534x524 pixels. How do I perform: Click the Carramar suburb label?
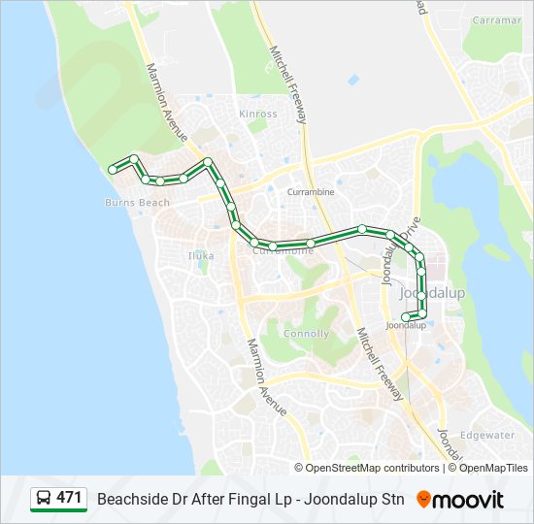(497, 20)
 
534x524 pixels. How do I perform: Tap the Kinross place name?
(258, 114)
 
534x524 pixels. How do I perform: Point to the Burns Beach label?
(137, 203)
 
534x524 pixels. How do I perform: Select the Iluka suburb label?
(201, 256)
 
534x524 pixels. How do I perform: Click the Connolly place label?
(306, 334)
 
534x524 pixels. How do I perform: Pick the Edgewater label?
(487, 435)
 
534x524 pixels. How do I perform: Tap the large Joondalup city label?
(432, 293)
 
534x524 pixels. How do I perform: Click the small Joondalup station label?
(406, 326)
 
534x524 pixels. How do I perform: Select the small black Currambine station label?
(311, 192)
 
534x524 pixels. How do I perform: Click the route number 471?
(69, 498)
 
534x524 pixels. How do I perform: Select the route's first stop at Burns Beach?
(113, 170)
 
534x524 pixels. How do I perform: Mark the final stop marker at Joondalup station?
(406, 316)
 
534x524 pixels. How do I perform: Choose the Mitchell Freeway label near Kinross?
(288, 84)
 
